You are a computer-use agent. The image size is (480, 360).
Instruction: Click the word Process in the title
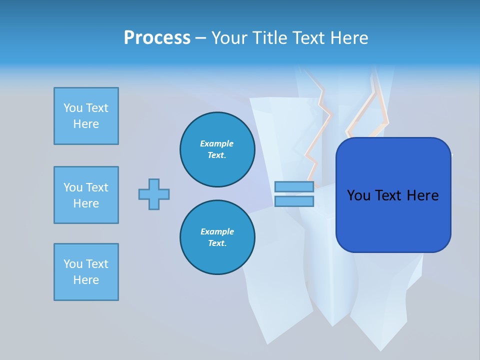(157, 38)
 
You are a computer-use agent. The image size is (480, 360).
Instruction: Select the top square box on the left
(86, 116)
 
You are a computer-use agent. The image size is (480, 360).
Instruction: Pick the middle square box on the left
(86, 195)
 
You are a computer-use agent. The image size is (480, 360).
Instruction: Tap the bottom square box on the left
(86, 272)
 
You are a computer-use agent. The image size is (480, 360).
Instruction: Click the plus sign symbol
(154, 194)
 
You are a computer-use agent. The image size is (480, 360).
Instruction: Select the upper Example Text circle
(217, 149)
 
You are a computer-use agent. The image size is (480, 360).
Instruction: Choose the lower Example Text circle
(217, 237)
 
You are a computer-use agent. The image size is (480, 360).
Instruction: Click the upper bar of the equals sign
(294, 187)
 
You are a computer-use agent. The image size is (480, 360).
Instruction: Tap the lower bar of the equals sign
(294, 201)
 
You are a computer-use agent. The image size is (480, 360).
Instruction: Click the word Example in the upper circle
(217, 143)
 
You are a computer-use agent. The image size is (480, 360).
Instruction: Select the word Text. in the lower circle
(217, 243)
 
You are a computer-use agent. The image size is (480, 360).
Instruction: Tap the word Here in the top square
(86, 124)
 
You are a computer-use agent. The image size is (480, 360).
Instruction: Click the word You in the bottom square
(73, 264)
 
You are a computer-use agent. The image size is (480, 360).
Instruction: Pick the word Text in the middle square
(96, 187)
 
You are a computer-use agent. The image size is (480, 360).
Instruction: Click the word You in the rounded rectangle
(358, 195)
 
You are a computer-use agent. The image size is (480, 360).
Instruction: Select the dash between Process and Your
(200, 38)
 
